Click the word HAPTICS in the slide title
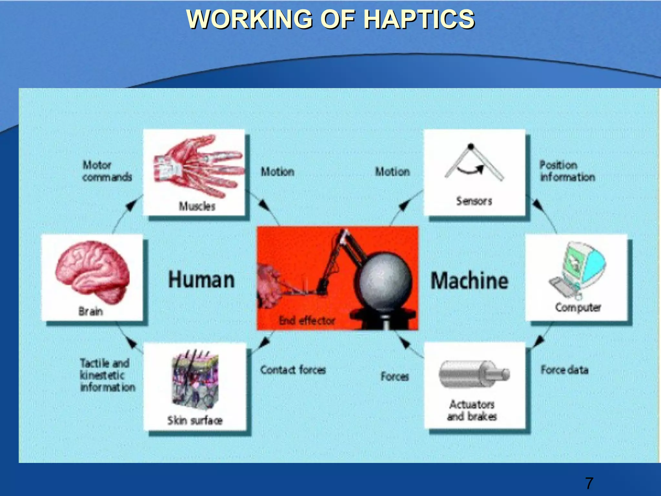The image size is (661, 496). pyautogui.click(x=419, y=19)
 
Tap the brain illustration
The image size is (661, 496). pyautogui.click(x=92, y=271)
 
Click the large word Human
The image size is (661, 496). pyautogui.click(x=201, y=280)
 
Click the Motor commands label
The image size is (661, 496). pyautogui.click(x=107, y=171)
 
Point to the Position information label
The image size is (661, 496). pyautogui.click(x=567, y=171)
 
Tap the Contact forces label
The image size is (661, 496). pyautogui.click(x=293, y=370)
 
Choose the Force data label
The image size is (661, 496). pyautogui.click(x=564, y=370)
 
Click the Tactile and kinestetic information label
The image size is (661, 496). pyautogui.click(x=107, y=375)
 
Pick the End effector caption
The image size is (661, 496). pyautogui.click(x=307, y=321)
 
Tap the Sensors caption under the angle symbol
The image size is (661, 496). pyautogui.click(x=474, y=201)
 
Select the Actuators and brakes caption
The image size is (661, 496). pyautogui.click(x=472, y=410)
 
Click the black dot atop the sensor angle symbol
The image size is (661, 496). pyautogui.click(x=471, y=146)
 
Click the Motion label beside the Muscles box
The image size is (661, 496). pyautogui.click(x=278, y=172)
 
